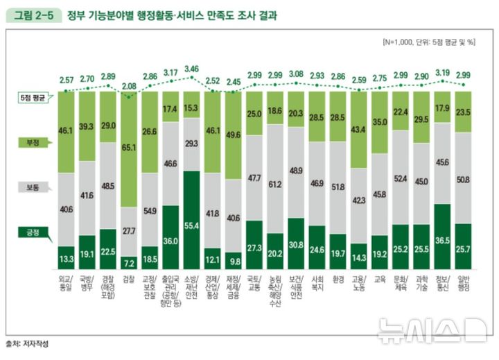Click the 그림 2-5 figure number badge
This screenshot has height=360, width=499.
[33, 15]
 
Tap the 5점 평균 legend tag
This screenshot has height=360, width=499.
[32, 98]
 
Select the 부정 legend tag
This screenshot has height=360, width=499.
[32, 143]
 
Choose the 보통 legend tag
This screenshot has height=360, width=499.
[32, 188]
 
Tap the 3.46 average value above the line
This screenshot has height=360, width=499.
[192, 69]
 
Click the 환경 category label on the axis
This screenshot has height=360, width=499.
[338, 279]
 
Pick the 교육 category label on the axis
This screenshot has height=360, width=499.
[380, 279]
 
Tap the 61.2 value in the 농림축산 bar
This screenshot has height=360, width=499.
[275, 185]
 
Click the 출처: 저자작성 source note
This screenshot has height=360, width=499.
[28, 343]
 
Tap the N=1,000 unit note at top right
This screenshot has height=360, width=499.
[429, 42]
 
